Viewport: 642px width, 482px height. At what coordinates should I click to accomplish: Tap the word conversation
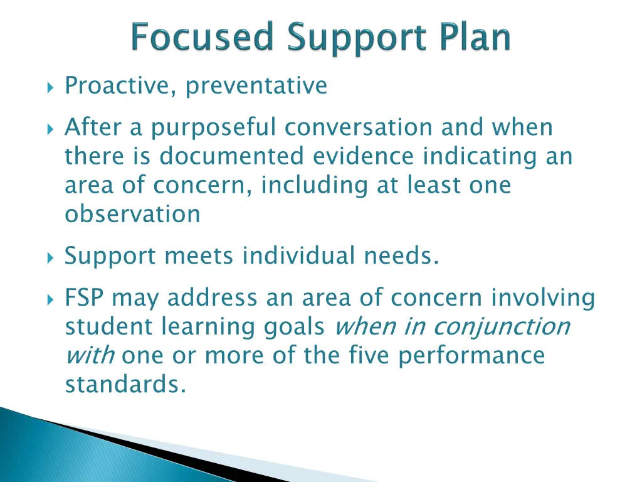pos(359,127)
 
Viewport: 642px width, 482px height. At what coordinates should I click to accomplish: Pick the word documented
pos(231,156)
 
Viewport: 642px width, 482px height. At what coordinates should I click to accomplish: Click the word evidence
pos(364,156)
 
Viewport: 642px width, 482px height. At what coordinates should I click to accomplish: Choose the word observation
pos(132,214)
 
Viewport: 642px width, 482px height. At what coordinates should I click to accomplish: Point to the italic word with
pos(89,356)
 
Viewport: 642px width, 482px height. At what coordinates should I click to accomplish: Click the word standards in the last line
pos(125,385)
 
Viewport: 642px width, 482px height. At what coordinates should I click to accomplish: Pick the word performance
pos(471,356)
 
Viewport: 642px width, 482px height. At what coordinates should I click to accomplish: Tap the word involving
pos(542,298)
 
